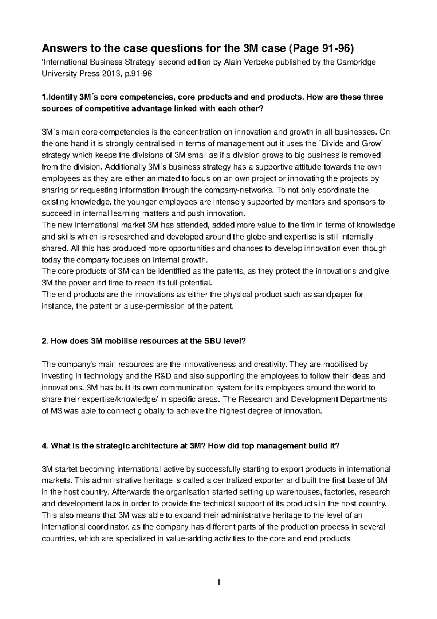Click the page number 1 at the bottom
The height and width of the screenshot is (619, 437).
point(219,582)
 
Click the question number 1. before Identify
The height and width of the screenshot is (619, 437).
point(45,97)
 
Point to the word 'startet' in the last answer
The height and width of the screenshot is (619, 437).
point(67,469)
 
